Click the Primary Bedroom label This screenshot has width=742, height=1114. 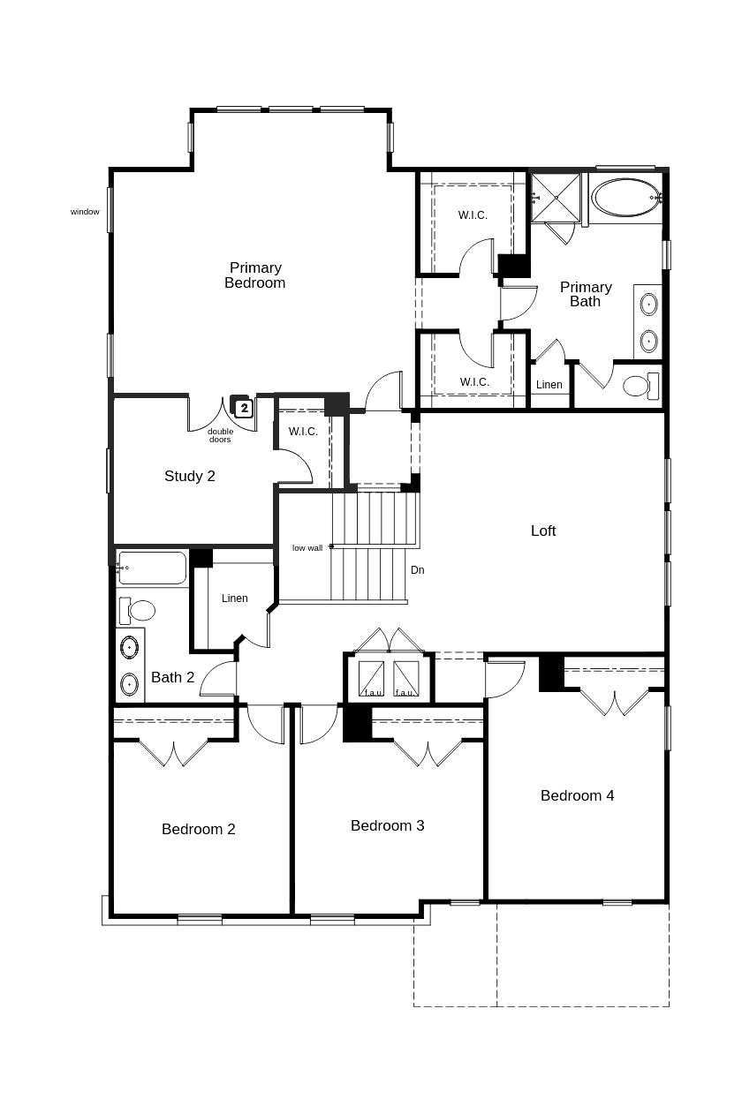[x=254, y=275]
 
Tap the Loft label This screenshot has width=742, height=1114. [x=543, y=531]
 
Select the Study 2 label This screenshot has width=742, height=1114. [x=190, y=476]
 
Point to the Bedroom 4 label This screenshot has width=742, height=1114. [x=577, y=795]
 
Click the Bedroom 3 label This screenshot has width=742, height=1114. [x=387, y=825]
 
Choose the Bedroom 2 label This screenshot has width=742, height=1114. [x=198, y=829]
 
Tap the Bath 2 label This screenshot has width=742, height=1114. [x=172, y=677]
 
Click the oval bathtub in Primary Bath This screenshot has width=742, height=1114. [x=625, y=197]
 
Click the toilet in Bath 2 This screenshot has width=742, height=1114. [x=137, y=610]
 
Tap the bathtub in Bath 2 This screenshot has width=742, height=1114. [x=152, y=568]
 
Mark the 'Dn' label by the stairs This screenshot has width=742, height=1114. [x=417, y=570]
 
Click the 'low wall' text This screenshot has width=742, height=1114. [x=307, y=548]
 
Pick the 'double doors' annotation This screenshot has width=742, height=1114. [x=220, y=435]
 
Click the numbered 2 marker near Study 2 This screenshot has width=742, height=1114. [x=245, y=408]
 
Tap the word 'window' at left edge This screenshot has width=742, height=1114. [x=85, y=212]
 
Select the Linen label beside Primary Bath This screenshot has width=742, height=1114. [x=549, y=385]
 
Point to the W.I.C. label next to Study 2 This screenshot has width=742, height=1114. [x=303, y=432]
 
